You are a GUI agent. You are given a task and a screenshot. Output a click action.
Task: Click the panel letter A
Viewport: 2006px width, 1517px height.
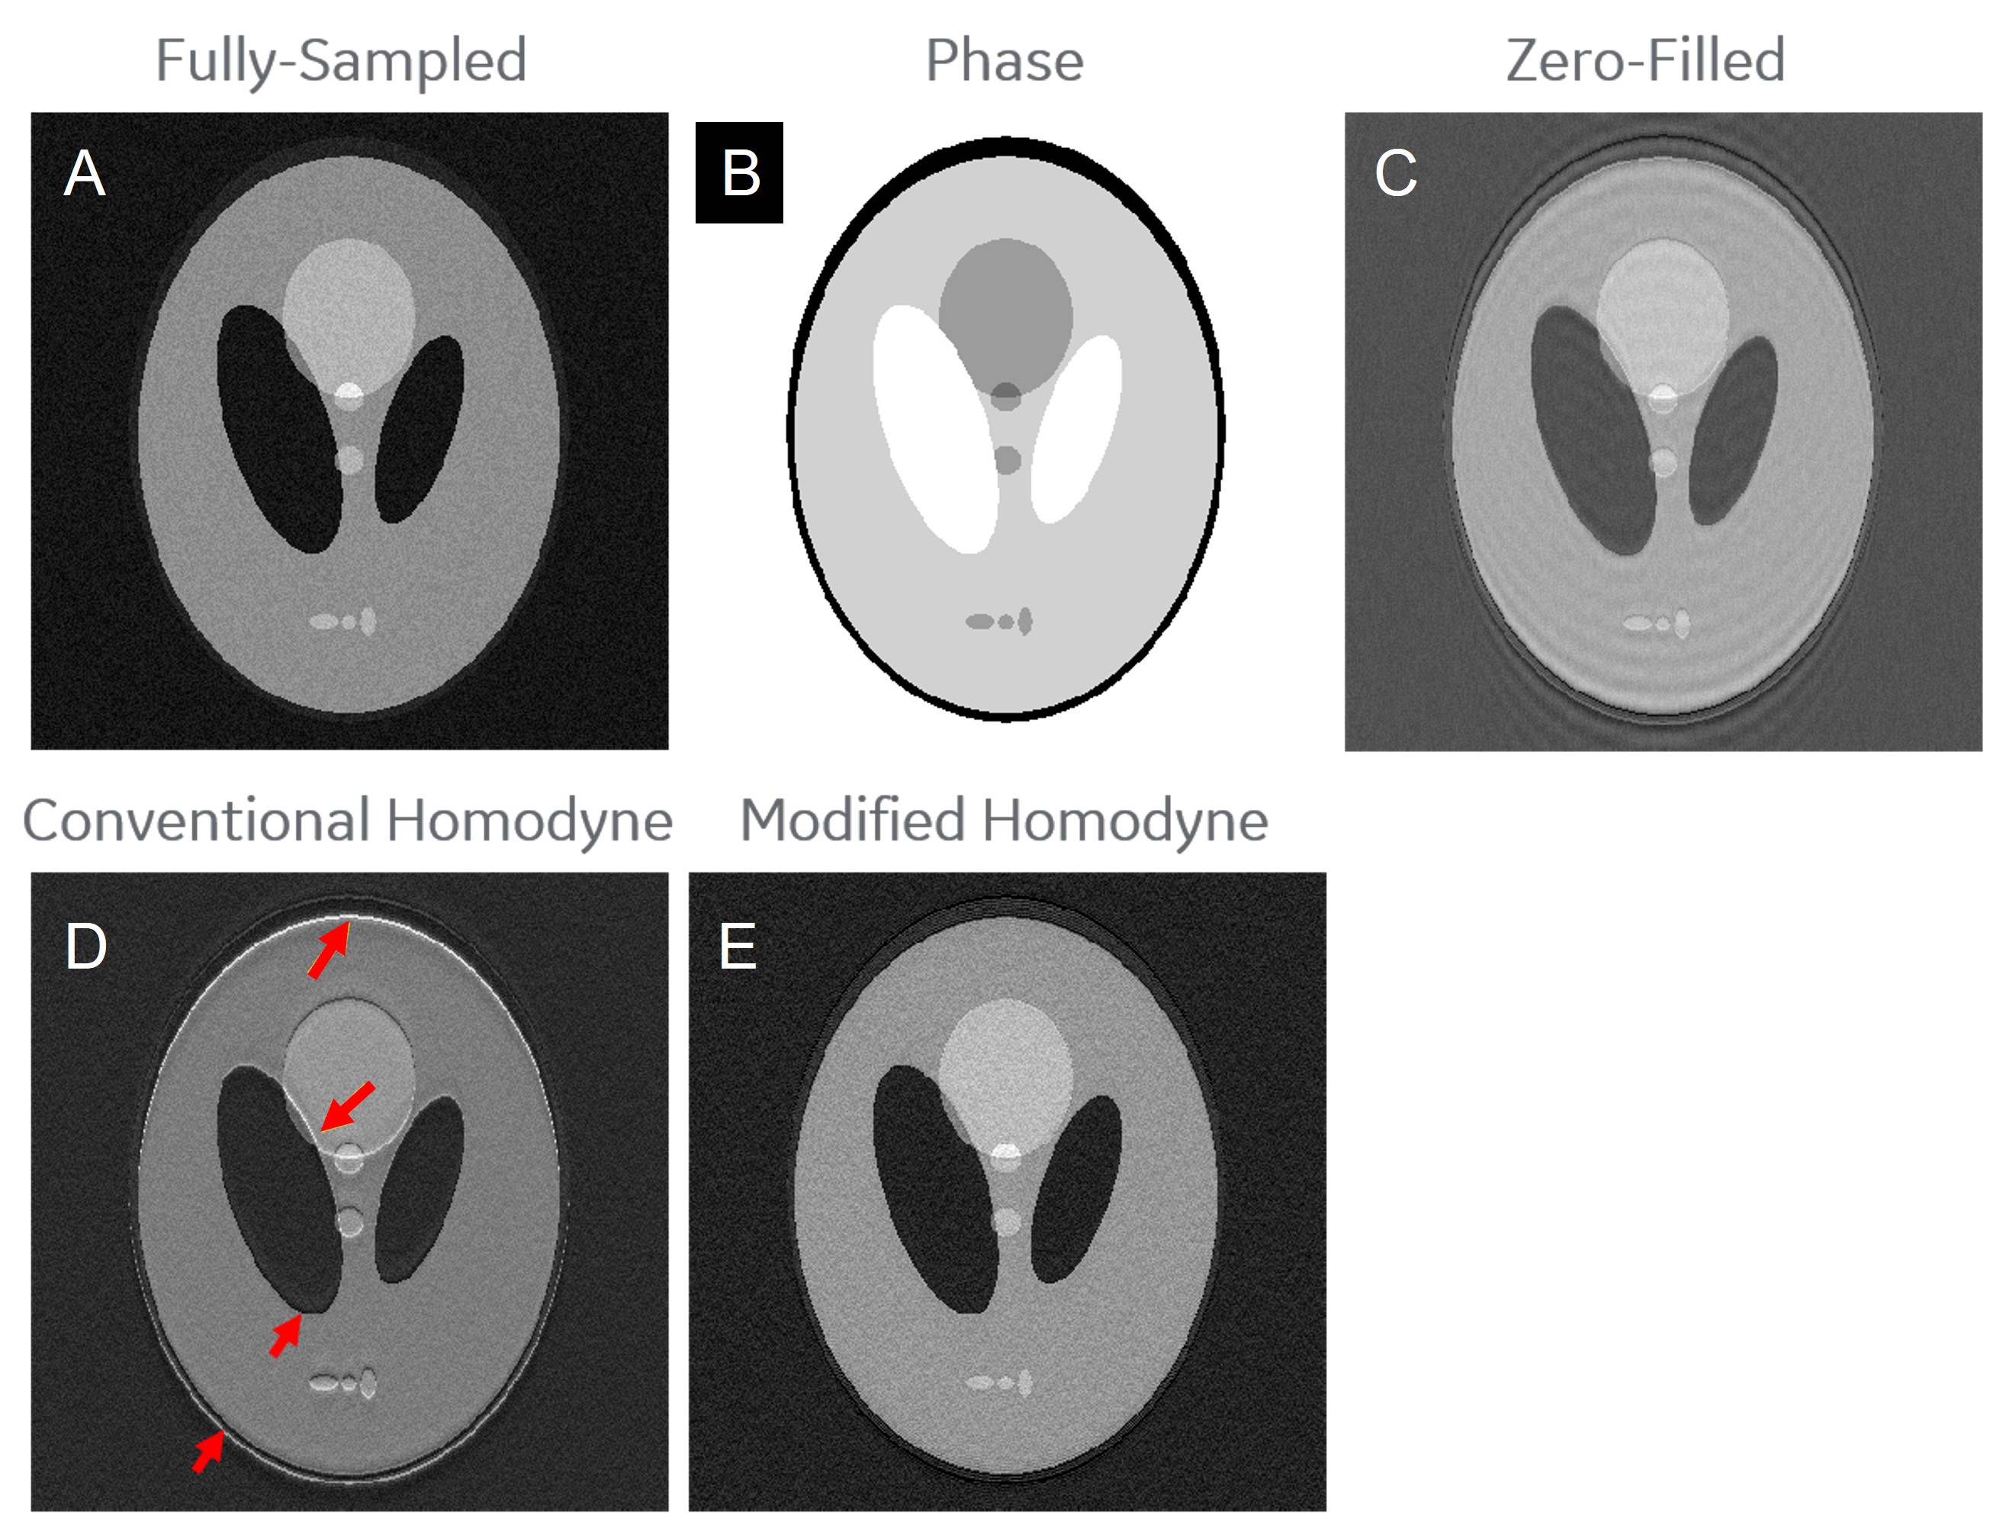(85, 173)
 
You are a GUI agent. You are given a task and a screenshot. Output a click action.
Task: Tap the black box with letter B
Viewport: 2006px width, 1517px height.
(739, 172)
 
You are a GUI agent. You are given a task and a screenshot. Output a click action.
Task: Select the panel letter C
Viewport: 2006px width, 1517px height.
(1395, 173)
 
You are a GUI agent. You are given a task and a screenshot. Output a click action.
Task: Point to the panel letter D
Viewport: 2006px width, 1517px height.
(86, 947)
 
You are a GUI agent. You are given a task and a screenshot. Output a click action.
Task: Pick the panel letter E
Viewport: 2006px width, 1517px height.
(738, 947)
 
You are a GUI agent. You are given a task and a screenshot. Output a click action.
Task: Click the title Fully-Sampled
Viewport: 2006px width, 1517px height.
(341, 61)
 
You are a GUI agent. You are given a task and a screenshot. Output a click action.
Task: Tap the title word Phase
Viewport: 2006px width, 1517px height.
(1004, 61)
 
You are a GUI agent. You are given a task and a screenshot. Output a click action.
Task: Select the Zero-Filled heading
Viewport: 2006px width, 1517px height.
(1645, 61)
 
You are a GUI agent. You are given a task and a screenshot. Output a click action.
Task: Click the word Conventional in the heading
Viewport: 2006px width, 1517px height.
(196, 821)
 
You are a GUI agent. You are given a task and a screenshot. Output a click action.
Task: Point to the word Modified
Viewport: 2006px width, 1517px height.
(853, 821)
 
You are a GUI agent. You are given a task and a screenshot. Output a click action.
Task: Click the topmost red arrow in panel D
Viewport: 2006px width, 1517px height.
(328, 950)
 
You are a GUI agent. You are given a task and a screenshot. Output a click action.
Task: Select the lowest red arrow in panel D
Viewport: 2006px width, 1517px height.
(208, 1451)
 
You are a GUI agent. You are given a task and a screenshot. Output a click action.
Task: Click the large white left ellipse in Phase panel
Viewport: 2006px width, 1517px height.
(934, 426)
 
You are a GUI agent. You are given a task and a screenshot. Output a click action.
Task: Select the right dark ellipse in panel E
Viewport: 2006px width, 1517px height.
(1077, 1188)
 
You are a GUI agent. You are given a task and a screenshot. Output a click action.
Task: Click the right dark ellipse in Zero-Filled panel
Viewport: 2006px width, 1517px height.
(1733, 431)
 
